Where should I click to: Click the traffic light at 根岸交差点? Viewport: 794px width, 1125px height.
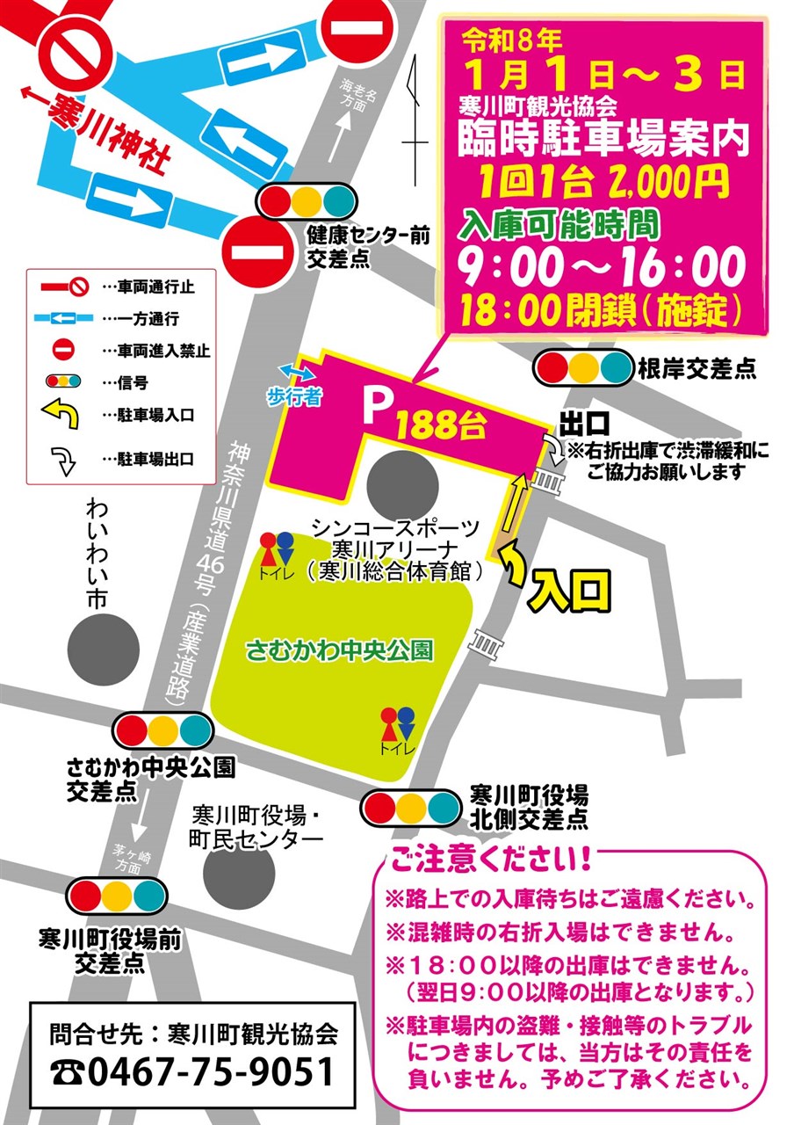[584, 367]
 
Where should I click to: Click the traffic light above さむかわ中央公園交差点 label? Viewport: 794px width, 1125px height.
[163, 729]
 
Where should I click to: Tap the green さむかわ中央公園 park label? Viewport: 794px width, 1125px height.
[340, 651]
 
